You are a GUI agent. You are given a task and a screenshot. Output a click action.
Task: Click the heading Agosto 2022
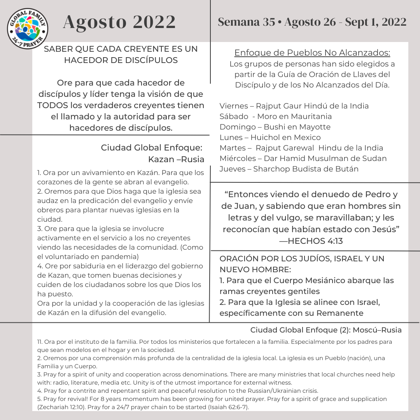point(119,22)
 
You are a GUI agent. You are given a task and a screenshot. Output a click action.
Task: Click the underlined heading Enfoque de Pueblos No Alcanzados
point(312,53)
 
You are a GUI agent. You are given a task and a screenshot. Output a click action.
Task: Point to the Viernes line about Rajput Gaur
point(294,106)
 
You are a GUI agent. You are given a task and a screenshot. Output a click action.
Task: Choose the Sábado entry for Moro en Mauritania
point(276,116)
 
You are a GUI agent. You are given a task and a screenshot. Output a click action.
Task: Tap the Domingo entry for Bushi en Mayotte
point(275,127)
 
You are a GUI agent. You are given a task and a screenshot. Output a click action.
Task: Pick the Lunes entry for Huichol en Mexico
point(270,137)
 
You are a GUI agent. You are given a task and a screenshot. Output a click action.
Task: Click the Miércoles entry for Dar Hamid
point(303,158)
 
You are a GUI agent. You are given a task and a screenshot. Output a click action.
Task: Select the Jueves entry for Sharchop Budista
point(289,169)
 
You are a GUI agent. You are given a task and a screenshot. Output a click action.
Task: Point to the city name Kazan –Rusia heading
point(176,159)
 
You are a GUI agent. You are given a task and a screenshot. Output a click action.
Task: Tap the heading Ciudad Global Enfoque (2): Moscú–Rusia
point(326,330)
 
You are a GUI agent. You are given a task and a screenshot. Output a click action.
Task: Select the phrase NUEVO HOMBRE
point(255,269)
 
